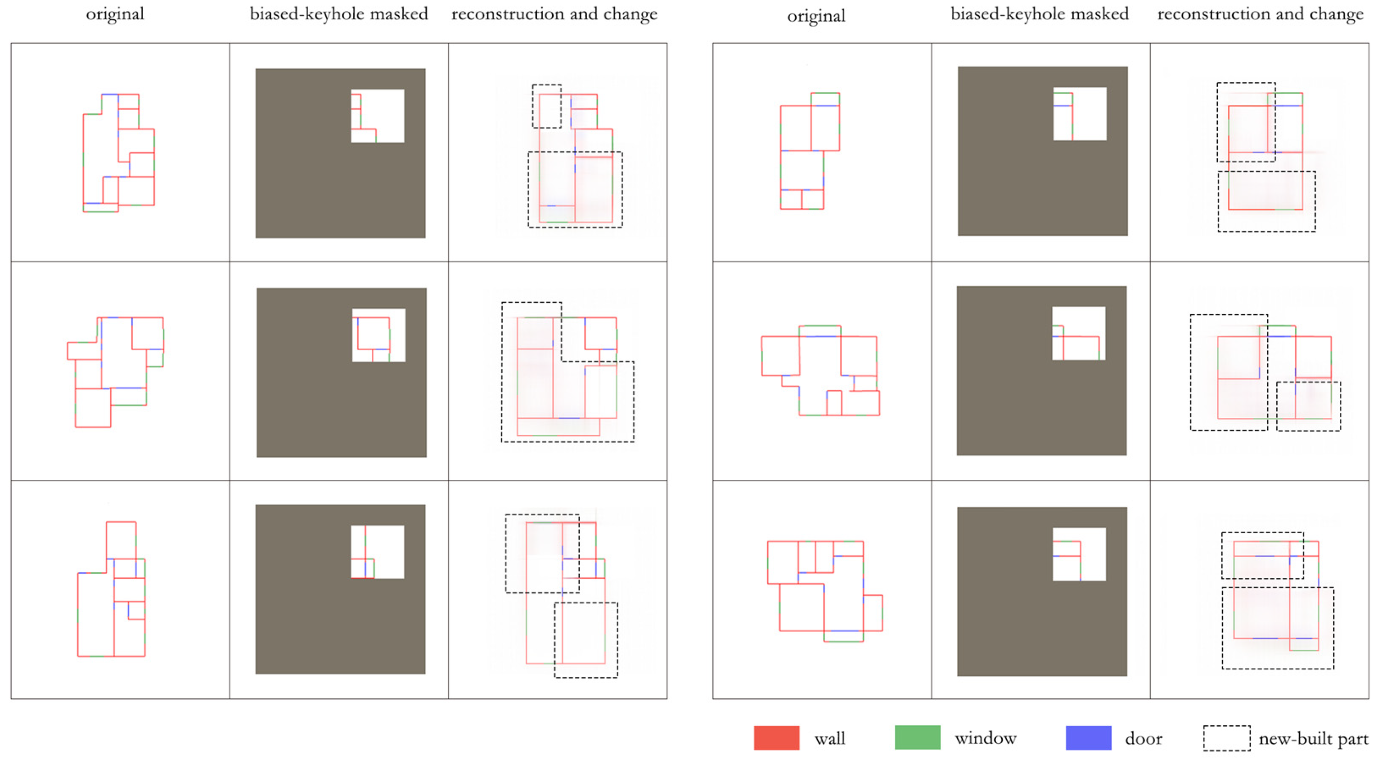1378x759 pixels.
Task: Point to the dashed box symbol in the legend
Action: [1227, 738]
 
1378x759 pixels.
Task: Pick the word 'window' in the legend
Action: [986, 738]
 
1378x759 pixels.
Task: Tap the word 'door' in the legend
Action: [1143, 739]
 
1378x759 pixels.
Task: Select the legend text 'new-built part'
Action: [1313, 739]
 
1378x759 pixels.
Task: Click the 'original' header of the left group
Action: [115, 14]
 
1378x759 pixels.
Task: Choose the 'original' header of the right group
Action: [816, 16]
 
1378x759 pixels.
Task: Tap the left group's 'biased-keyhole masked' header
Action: [338, 14]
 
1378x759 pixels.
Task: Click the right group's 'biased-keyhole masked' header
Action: [1040, 14]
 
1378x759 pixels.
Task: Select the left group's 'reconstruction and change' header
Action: [554, 14]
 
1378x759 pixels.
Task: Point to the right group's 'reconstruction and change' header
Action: [1260, 14]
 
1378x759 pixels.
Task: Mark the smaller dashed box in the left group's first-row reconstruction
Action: [547, 106]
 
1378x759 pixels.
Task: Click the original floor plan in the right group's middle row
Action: [820, 371]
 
